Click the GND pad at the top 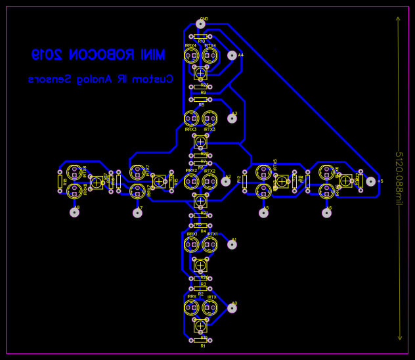[200, 24]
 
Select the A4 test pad [232, 55]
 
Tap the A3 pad [232, 118]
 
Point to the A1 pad [232, 244]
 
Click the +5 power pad [371, 181]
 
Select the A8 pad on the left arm [74, 212]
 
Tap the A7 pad [137, 212]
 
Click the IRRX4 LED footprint [191, 56]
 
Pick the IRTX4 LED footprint [209, 56]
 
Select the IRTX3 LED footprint [209, 119]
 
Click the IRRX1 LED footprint [191, 245]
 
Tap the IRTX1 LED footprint [209, 245]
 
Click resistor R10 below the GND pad [200, 37]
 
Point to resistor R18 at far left [60, 181]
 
